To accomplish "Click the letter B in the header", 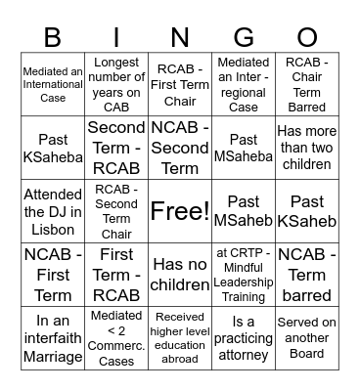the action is [53, 36].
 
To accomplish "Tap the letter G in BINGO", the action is [244, 36].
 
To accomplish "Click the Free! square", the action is [180, 211].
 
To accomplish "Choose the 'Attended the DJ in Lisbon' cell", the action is [53, 211].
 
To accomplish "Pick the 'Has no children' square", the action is [180, 275].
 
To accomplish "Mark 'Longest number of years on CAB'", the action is [116, 84].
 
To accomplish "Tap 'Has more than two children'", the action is [307, 148].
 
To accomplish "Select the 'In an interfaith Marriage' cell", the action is [53, 338].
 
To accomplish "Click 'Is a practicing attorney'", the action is [244, 338].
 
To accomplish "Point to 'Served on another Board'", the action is [307, 338].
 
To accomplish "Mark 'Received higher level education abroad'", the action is [180, 338].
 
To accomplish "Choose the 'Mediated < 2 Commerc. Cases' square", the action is [116, 338].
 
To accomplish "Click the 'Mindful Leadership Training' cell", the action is [244, 275].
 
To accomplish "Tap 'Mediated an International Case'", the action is [53, 84].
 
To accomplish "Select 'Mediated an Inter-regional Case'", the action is [244, 84].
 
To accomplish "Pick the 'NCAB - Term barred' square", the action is [307, 275].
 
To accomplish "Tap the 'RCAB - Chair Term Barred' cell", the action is [307, 84].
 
